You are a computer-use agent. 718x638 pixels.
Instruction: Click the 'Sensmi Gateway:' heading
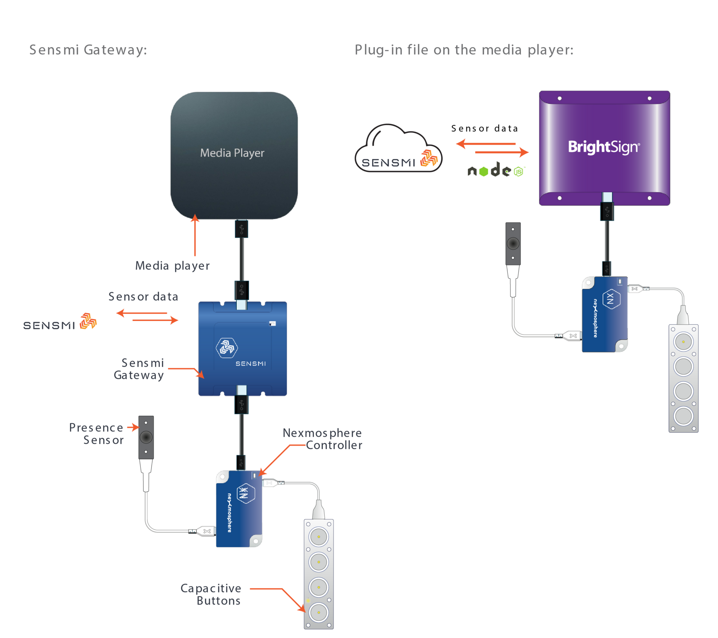point(88,50)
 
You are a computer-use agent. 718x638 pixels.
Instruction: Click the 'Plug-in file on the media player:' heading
point(464,50)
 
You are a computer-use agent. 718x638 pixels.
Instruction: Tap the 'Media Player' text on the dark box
point(232,153)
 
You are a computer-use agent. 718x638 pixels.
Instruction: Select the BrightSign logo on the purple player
point(604,147)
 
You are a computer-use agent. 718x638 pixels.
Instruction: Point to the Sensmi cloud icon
point(398,150)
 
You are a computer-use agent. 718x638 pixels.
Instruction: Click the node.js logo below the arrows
point(496,170)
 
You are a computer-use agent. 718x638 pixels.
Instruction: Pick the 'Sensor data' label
point(143,297)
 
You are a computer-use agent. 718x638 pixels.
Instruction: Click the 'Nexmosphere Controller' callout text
point(323,439)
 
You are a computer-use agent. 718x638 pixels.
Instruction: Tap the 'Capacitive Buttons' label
point(211,594)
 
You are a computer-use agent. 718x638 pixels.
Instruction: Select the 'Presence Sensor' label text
point(97,434)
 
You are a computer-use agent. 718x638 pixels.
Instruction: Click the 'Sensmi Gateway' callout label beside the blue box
point(139,369)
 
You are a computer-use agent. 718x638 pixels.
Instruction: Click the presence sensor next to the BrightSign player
point(513,243)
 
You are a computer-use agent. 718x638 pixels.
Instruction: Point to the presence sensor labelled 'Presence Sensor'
point(146,437)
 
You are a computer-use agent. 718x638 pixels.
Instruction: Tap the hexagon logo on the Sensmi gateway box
point(227,348)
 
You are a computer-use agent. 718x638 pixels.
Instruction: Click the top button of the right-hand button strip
point(683,341)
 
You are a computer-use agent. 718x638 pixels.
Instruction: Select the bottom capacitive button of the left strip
point(319,612)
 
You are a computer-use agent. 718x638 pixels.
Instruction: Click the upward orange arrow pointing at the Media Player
point(195,236)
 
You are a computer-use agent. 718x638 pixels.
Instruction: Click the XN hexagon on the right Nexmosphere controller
point(611,298)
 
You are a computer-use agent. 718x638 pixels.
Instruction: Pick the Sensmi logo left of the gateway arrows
point(60,322)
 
